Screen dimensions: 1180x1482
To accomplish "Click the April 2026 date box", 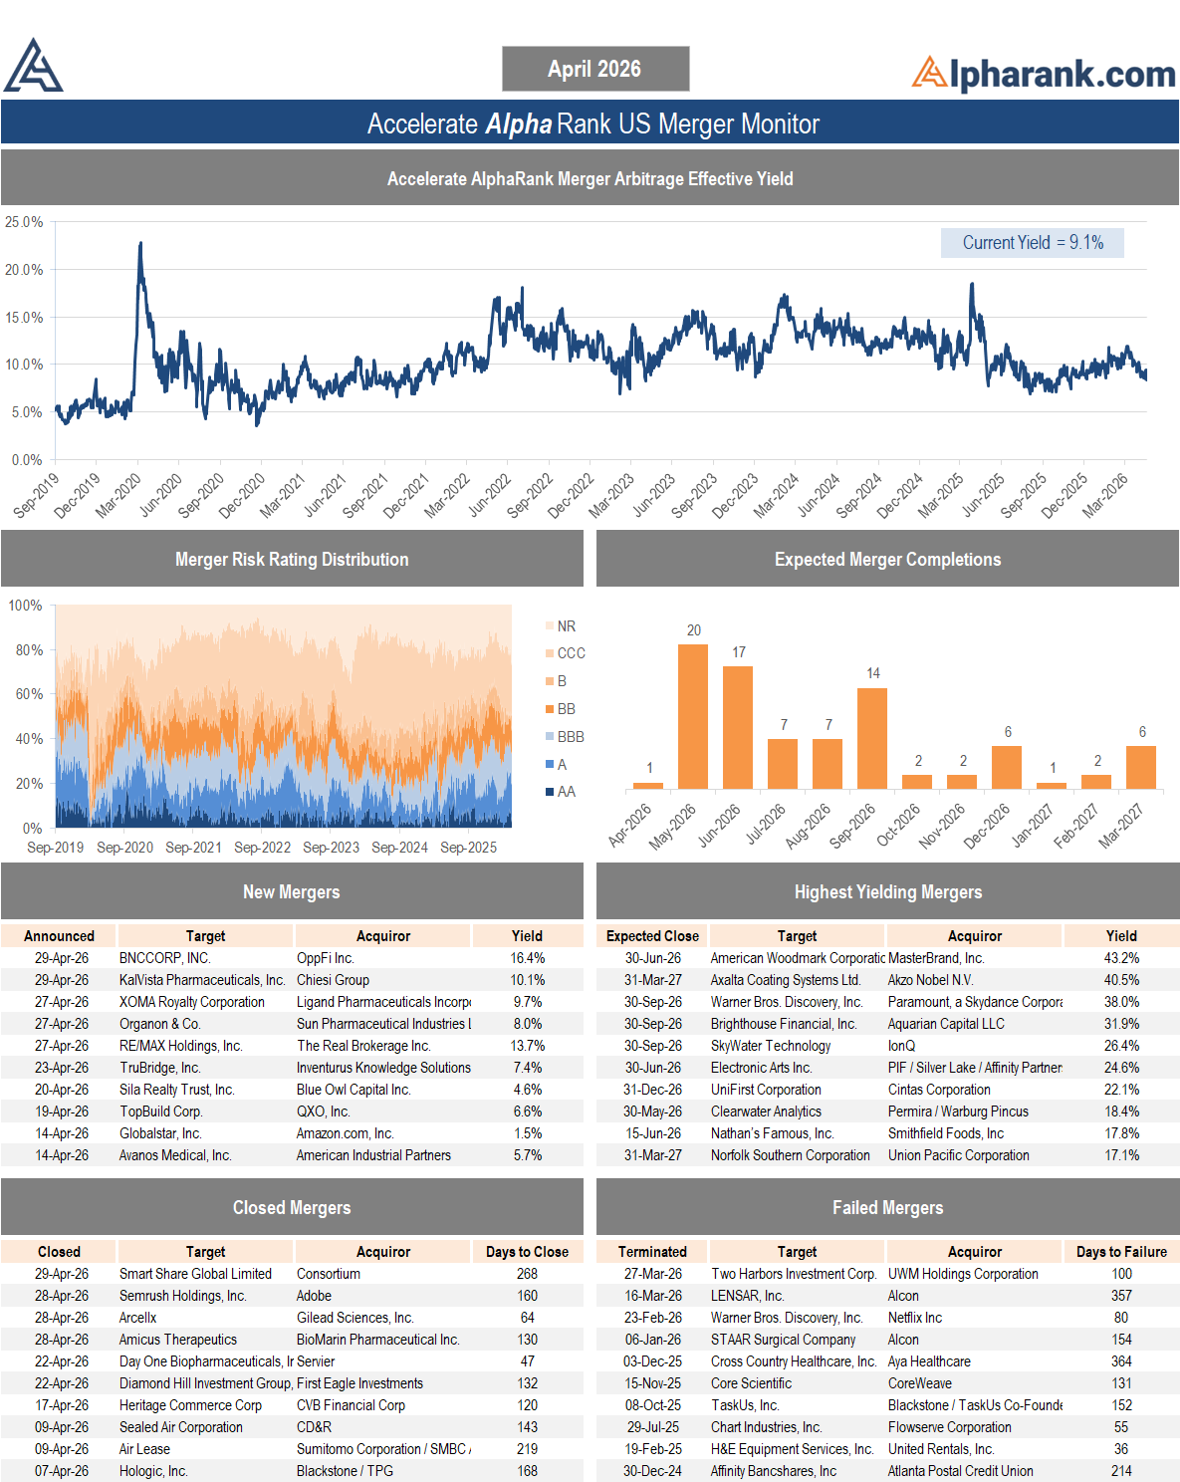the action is tap(595, 69).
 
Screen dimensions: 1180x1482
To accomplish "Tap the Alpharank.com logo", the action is tap(1044, 74).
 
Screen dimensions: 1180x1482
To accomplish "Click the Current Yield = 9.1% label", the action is tap(1032, 243).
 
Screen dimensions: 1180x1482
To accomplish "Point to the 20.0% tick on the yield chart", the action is tap(24, 270).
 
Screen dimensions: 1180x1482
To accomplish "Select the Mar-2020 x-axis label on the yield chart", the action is tap(118, 495).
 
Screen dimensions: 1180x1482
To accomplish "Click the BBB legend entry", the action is tap(566, 737).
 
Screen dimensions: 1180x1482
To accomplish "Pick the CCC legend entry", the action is tap(566, 652).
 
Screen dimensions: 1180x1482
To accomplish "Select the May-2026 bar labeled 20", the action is tap(693, 716).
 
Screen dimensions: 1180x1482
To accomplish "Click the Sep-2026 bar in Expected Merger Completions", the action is tap(872, 738).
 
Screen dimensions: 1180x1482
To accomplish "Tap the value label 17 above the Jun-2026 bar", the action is tap(739, 652).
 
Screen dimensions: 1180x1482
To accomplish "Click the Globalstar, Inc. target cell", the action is tap(160, 1133).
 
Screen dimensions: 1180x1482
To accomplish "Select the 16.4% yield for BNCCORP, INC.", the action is tap(528, 958).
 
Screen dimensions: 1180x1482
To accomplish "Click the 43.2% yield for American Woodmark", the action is tap(1121, 958).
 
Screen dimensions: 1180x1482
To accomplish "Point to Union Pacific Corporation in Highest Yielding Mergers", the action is tap(958, 1155).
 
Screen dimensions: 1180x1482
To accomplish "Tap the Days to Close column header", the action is tap(528, 1252).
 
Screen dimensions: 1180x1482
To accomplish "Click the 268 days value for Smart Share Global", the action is tap(528, 1274).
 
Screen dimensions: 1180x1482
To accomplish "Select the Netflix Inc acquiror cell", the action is tap(915, 1318).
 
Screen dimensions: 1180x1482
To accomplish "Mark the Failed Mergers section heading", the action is tap(888, 1208).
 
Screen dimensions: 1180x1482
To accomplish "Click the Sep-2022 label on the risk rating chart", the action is tap(262, 848).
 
